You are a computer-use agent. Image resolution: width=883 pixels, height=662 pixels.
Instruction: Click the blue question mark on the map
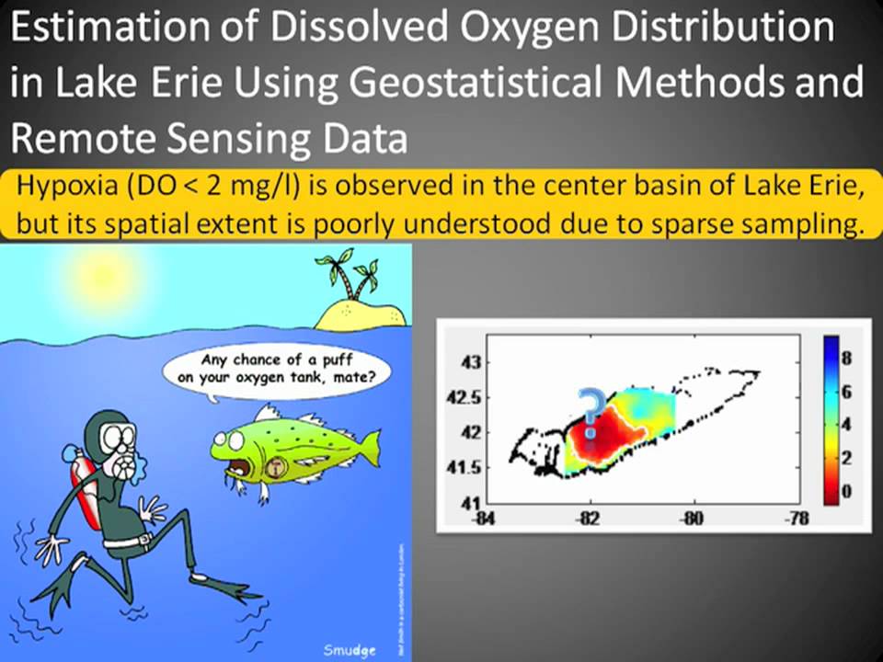coord(590,407)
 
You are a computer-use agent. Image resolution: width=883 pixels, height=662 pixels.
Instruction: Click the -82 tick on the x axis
coord(589,519)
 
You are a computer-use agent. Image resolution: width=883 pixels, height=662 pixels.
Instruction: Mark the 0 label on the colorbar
coord(846,492)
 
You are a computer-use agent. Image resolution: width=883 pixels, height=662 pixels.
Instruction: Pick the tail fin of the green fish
coord(367,449)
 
